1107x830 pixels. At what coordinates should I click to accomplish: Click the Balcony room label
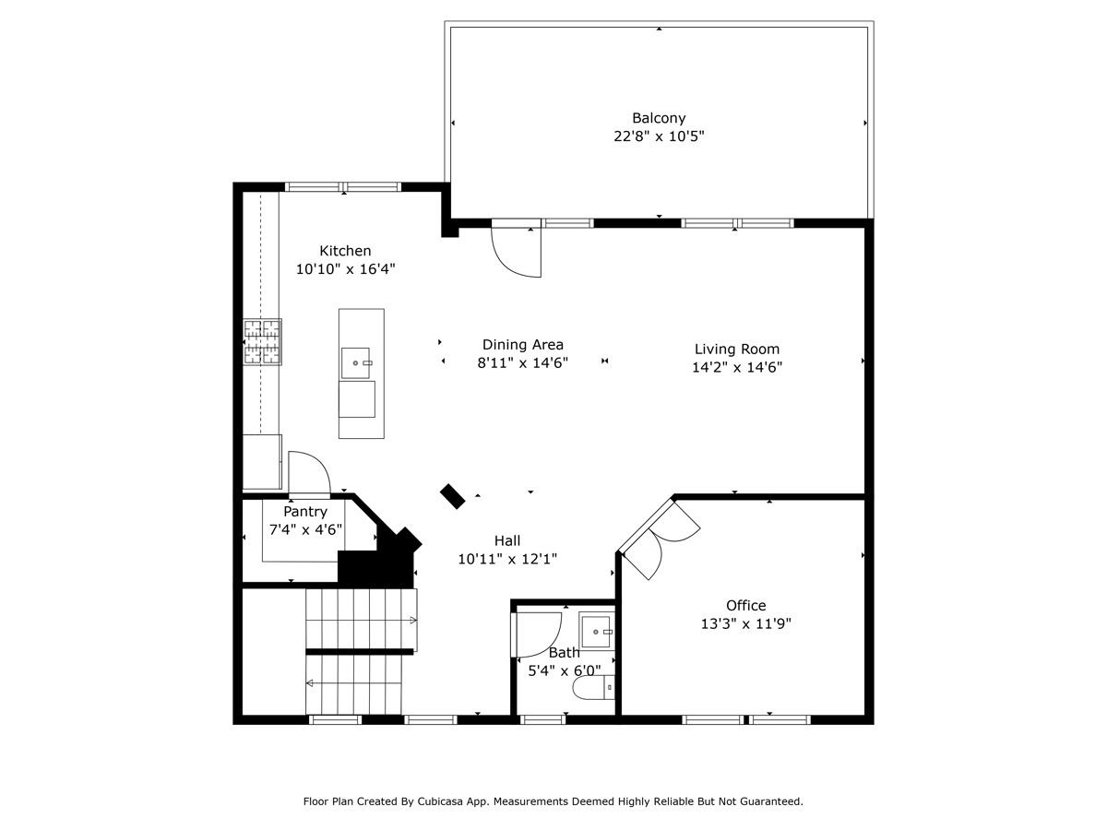659,118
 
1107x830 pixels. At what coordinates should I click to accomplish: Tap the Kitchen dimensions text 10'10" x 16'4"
345,269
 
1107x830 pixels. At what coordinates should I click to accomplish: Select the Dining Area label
522,345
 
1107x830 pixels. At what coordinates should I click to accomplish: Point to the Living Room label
737,350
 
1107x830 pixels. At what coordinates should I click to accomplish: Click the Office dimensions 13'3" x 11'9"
746,624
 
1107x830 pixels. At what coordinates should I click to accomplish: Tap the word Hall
506,540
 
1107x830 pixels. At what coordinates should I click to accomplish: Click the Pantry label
305,512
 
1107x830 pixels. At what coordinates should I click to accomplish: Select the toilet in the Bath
593,687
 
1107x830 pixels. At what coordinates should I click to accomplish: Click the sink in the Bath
597,631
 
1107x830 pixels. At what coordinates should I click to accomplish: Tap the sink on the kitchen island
355,362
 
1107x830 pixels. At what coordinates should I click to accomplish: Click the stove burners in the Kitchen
262,341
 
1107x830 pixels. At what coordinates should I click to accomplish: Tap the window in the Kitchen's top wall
343,187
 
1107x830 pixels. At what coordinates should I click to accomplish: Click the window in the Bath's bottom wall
542,719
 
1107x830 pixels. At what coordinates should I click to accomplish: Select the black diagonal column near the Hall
452,496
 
